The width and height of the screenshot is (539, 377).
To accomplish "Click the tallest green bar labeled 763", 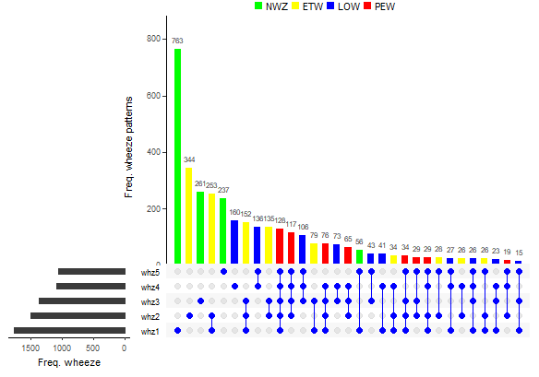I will [177, 157].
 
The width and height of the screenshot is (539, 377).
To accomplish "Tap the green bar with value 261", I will [200, 229].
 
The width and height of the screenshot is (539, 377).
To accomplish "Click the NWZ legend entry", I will [269, 6].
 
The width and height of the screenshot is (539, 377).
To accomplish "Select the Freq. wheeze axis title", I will [69, 363].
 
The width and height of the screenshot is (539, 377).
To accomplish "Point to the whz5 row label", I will [150, 272].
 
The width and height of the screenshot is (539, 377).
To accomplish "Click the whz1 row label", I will [150, 331].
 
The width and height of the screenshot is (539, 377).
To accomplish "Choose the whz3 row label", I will [150, 301].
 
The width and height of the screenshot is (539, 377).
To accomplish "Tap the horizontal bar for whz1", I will [69, 330].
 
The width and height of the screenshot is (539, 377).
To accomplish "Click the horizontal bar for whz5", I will [91, 272].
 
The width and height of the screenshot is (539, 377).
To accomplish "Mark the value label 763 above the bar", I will [177, 41].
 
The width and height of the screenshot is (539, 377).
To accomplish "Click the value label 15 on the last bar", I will [519, 253].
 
